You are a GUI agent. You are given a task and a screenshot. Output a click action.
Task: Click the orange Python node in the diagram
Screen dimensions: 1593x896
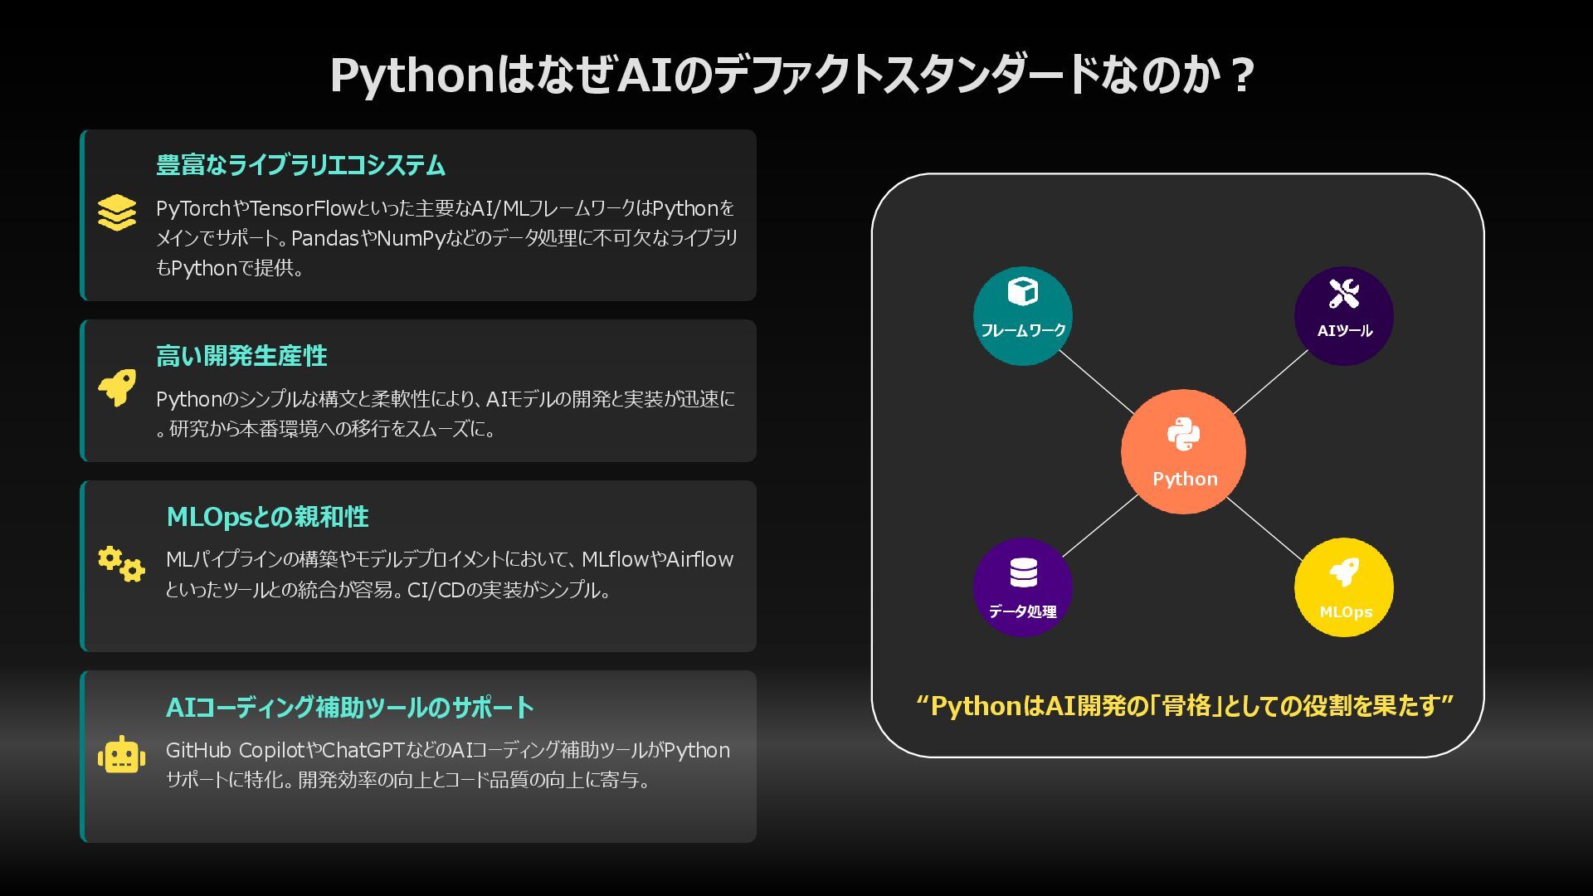click(1183, 452)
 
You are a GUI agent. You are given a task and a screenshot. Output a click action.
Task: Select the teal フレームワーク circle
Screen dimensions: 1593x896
click(1022, 316)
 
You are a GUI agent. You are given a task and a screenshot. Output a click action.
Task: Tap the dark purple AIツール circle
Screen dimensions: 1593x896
click(1343, 316)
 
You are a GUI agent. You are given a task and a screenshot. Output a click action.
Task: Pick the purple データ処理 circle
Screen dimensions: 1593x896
click(1022, 587)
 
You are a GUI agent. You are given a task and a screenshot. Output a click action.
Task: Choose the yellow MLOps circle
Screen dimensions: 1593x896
click(1343, 587)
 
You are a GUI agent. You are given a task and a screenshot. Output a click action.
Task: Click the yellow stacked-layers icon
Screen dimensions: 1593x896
click(116, 212)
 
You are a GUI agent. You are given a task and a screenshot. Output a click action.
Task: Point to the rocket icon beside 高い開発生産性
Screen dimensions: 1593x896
click(117, 387)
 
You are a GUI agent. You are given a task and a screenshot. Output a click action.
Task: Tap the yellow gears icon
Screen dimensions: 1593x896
click(121, 564)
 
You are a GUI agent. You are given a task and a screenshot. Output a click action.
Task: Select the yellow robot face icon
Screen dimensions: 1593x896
click(121, 755)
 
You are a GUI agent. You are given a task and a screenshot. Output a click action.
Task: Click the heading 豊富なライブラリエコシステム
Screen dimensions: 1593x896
click(300, 165)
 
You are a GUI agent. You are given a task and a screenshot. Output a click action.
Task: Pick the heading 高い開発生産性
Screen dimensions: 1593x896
click(241, 356)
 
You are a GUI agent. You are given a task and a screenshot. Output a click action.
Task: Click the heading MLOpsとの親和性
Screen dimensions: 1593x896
click(267, 517)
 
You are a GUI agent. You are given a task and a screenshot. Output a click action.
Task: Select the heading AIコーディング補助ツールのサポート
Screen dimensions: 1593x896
click(349, 708)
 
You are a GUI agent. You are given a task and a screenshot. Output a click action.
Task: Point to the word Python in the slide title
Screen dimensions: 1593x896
click(412, 76)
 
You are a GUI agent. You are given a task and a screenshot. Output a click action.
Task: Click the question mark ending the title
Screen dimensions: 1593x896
click(1241, 76)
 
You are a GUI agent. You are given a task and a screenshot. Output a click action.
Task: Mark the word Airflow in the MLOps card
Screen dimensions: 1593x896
click(699, 560)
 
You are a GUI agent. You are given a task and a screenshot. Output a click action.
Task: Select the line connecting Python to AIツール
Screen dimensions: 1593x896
click(1270, 382)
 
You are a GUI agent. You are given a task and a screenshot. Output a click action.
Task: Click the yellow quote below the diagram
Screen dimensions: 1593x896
click(1184, 706)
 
